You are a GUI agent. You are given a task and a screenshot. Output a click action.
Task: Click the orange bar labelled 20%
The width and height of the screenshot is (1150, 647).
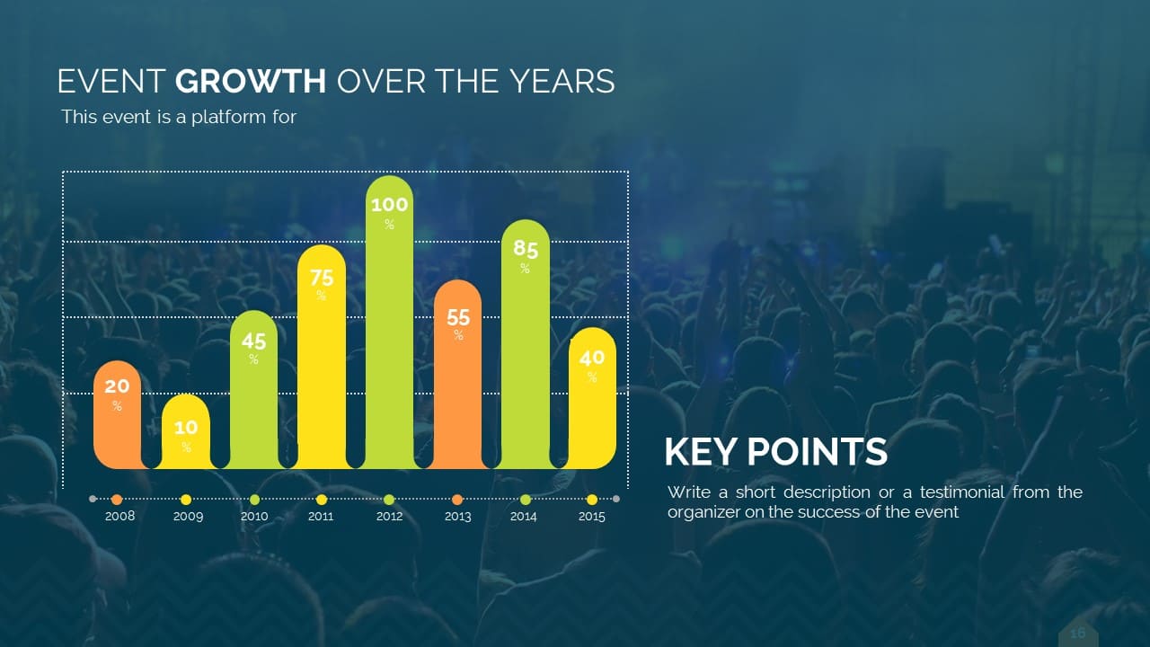click(117, 415)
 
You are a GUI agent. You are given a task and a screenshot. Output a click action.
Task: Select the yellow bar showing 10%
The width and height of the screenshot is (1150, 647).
click(186, 432)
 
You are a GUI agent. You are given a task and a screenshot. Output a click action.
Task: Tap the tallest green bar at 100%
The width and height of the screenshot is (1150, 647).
click(389, 323)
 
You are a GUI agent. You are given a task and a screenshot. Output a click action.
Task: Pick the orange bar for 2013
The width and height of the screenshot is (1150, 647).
click(458, 375)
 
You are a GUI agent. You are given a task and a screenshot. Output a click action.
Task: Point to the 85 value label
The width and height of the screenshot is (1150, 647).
click(526, 249)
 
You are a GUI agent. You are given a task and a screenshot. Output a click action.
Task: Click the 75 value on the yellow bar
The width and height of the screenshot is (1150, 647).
click(322, 278)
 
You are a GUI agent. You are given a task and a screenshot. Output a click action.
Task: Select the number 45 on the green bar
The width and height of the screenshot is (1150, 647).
click(253, 341)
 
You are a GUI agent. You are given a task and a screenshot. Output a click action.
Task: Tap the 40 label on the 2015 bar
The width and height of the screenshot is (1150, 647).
click(592, 358)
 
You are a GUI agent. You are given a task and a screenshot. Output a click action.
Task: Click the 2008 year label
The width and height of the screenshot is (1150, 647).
click(119, 516)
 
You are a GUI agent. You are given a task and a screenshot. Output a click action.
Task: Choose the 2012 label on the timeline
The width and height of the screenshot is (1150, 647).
click(389, 516)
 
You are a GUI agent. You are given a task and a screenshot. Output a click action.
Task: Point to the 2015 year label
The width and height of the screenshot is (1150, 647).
click(591, 516)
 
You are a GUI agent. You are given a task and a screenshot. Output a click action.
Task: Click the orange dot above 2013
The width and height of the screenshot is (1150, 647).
click(457, 499)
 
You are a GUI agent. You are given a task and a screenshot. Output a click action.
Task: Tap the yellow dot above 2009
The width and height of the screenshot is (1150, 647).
click(186, 499)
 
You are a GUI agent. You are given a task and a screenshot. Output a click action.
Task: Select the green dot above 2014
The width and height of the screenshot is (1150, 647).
click(526, 499)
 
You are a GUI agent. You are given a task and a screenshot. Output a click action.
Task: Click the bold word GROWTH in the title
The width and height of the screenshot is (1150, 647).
click(251, 81)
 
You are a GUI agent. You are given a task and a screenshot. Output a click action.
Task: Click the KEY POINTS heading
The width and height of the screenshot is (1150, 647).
click(775, 452)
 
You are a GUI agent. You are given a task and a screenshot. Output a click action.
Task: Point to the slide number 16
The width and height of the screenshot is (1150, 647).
click(1077, 634)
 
